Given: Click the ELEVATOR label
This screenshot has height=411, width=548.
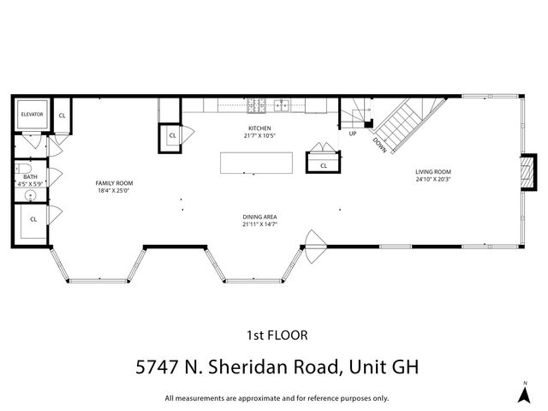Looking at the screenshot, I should (32, 114).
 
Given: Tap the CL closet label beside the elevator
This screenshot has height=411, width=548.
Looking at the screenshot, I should (63, 114).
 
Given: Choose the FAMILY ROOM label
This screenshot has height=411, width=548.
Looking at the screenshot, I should (114, 182).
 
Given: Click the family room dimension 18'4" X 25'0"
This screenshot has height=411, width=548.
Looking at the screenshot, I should (114, 190).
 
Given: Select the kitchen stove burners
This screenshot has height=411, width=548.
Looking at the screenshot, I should (256, 106).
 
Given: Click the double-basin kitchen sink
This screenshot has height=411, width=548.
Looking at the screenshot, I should (282, 106).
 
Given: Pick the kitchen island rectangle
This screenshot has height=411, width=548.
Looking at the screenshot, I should (256, 163).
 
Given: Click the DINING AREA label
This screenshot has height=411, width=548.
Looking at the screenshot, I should (259, 217).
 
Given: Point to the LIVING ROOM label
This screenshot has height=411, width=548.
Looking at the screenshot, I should (433, 171).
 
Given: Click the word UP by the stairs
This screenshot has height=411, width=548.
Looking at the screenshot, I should (352, 134).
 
